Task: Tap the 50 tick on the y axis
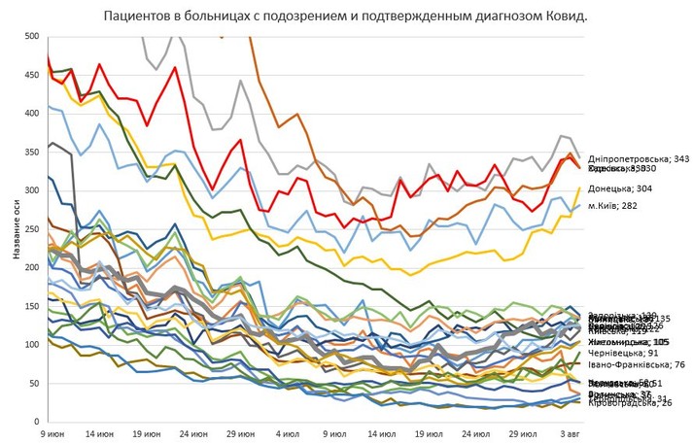(x=33, y=383)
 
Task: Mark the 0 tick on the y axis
(x=36, y=422)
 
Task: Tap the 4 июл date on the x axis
(x=288, y=433)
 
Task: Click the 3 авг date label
(x=572, y=433)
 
